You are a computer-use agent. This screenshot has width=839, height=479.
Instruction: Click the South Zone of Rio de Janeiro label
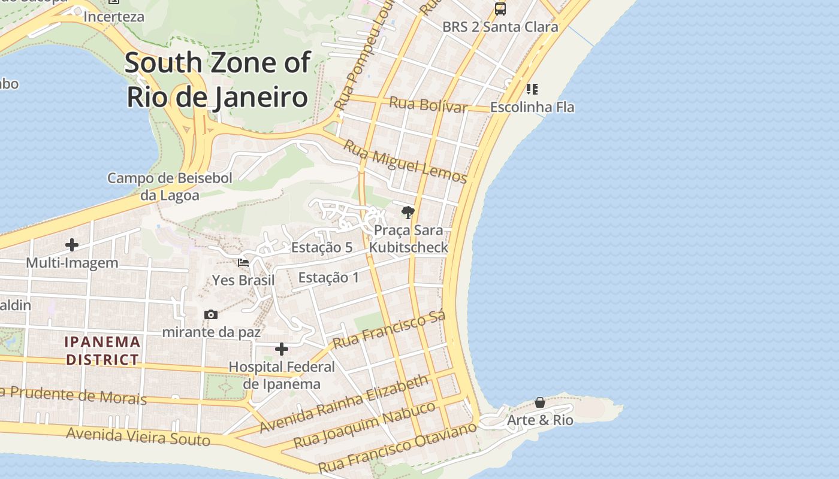click(218, 80)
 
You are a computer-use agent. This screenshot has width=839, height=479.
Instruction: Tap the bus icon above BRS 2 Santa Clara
click(500, 9)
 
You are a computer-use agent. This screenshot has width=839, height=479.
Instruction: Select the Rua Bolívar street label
click(428, 105)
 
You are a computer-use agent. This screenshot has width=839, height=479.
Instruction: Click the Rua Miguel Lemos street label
click(405, 160)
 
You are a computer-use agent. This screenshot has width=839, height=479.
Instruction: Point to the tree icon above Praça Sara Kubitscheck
click(408, 212)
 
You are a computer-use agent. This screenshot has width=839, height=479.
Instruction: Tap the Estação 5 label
click(321, 247)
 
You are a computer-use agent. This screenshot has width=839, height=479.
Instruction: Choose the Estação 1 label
click(328, 277)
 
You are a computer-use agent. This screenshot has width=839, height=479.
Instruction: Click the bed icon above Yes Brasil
click(243, 262)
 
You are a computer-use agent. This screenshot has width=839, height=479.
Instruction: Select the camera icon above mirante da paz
click(211, 314)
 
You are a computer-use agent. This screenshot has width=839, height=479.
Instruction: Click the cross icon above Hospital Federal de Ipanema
click(282, 349)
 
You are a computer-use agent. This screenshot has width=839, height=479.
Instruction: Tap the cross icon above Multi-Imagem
click(72, 245)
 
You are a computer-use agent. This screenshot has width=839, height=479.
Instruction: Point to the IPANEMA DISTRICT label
click(102, 351)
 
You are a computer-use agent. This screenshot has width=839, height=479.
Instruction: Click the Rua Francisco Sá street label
click(390, 330)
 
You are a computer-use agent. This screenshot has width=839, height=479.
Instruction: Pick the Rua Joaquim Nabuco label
click(364, 425)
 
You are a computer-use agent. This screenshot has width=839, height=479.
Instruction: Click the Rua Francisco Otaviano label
click(397, 447)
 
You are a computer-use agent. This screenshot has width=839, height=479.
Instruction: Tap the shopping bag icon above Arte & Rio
click(540, 402)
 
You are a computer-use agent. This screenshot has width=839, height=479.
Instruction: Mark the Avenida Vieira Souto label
click(138, 436)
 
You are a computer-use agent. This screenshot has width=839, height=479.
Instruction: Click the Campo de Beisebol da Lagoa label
click(170, 186)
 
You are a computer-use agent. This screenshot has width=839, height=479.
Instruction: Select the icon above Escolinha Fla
click(532, 89)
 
